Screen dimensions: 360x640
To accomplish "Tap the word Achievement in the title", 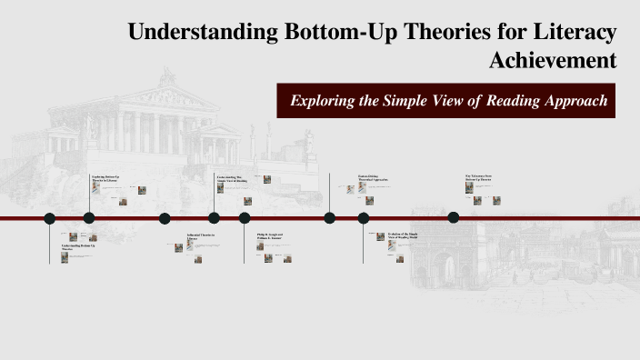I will [x=553, y=61].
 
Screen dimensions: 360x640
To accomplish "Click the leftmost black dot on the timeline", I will [x=50, y=218].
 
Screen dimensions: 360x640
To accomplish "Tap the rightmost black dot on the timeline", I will [x=454, y=217].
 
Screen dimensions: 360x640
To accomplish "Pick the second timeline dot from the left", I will [x=89, y=218].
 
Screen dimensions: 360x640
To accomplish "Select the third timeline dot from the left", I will [x=165, y=218].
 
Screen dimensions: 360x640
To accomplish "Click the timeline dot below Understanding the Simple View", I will [x=214, y=218].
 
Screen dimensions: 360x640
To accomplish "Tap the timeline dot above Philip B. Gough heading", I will [x=245, y=218].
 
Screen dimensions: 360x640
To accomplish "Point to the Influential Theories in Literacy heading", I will [x=200, y=236].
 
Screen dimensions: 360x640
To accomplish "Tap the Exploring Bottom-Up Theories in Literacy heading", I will [x=105, y=179].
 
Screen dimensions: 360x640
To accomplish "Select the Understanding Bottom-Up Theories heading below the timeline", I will [x=77, y=246].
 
